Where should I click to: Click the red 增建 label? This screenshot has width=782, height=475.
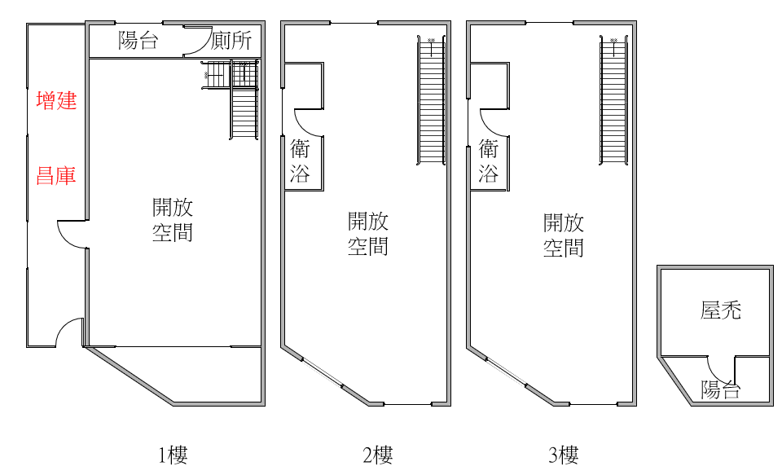[56, 100]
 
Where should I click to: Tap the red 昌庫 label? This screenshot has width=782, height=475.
[56, 176]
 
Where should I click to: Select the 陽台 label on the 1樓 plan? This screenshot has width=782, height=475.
[138, 40]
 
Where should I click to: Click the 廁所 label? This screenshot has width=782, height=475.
[231, 41]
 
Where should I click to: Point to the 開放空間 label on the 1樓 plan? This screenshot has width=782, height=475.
[173, 219]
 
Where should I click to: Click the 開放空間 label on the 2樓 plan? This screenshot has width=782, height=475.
[368, 234]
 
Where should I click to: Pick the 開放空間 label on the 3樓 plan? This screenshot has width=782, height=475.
[564, 235]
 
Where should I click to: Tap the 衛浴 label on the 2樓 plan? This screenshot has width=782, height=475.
[301, 161]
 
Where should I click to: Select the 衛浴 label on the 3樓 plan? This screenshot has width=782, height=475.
[488, 161]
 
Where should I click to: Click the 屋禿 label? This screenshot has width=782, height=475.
[721, 310]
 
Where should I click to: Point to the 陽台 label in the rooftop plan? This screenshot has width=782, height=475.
[720, 389]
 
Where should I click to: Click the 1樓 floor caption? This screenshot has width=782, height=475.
[173, 455]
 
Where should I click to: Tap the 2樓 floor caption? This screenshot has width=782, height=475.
[377, 455]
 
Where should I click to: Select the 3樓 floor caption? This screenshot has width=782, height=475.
[564, 455]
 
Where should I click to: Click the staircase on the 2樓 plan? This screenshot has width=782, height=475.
[431, 100]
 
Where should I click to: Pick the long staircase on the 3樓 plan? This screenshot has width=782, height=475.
[613, 100]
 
